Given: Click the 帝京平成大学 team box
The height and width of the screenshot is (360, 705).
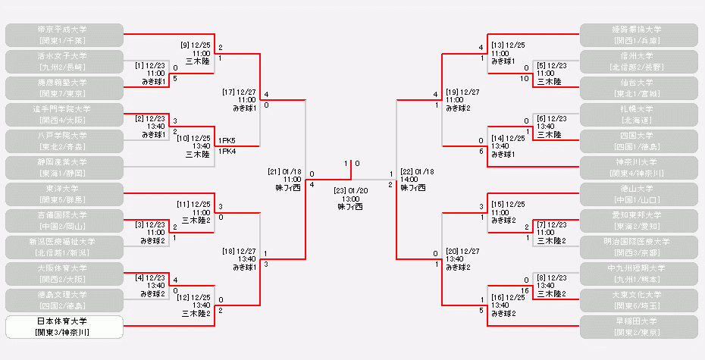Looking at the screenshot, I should pos(64,34).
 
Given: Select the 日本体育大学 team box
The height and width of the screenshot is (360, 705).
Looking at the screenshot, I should pos(64,326).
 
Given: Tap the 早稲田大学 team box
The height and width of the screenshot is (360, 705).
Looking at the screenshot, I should pos(638,326).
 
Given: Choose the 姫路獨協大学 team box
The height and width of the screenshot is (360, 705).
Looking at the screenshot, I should pos(638,34).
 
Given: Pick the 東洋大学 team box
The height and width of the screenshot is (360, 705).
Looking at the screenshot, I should pos(64,193).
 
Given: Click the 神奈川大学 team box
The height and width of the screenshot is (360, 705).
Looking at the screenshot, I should pos(638,167).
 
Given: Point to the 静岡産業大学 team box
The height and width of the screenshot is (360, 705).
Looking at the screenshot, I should pos(64,167).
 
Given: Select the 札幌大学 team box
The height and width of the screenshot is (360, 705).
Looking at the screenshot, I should pos(638,114).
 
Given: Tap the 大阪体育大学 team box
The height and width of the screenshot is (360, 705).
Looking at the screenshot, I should pos(64,273).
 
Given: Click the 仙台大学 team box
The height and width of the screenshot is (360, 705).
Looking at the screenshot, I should pos(638,87).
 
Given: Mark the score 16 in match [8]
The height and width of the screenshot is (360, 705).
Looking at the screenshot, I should pos(525,290).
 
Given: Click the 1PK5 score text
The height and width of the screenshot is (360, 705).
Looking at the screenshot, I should pos(227,141).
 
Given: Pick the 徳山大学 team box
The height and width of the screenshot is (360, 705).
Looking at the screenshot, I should pos(638,193).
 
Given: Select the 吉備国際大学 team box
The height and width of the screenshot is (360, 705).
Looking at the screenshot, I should pos(64,220).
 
